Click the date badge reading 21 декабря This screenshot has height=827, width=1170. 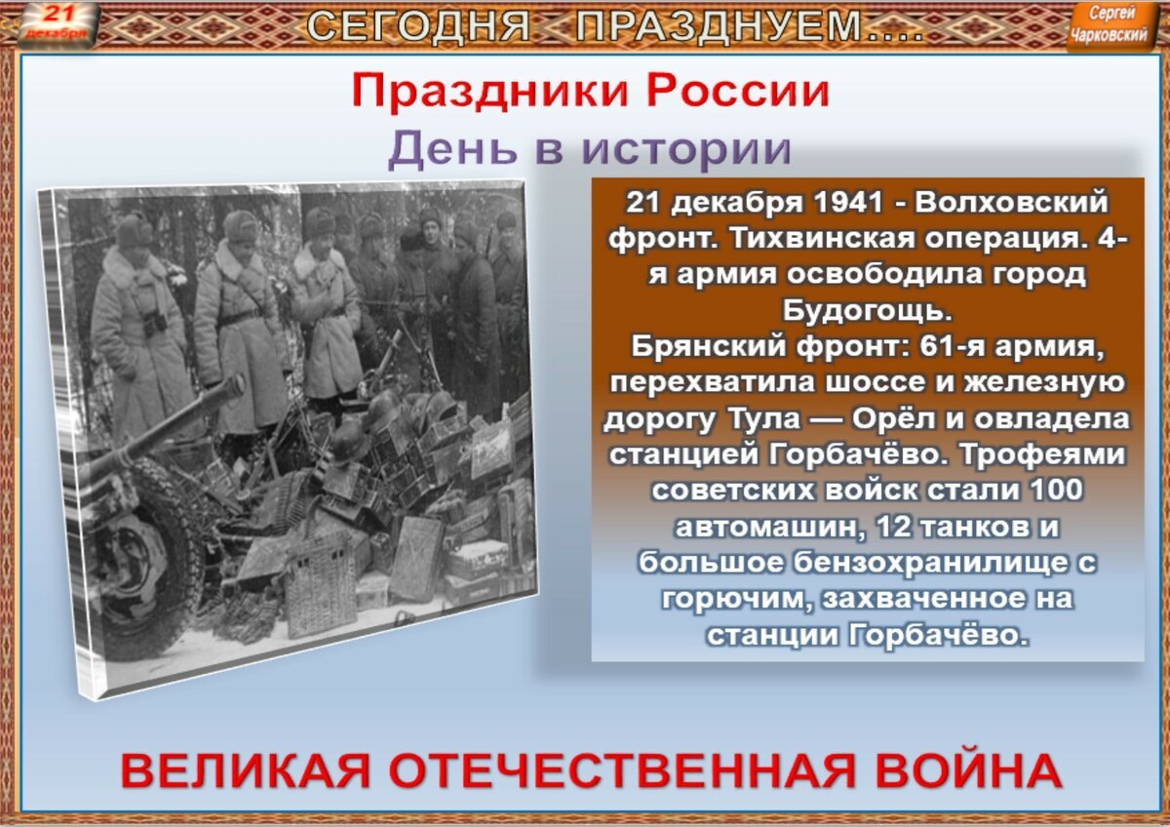pos(57,23)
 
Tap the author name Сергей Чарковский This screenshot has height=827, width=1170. pos(1110,24)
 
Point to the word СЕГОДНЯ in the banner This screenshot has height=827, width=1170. pos(418,25)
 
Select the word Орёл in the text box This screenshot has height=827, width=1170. pos(896,418)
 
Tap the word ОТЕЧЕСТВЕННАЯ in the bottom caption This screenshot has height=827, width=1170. pos(622,771)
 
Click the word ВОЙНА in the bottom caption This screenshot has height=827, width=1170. pos(969,771)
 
